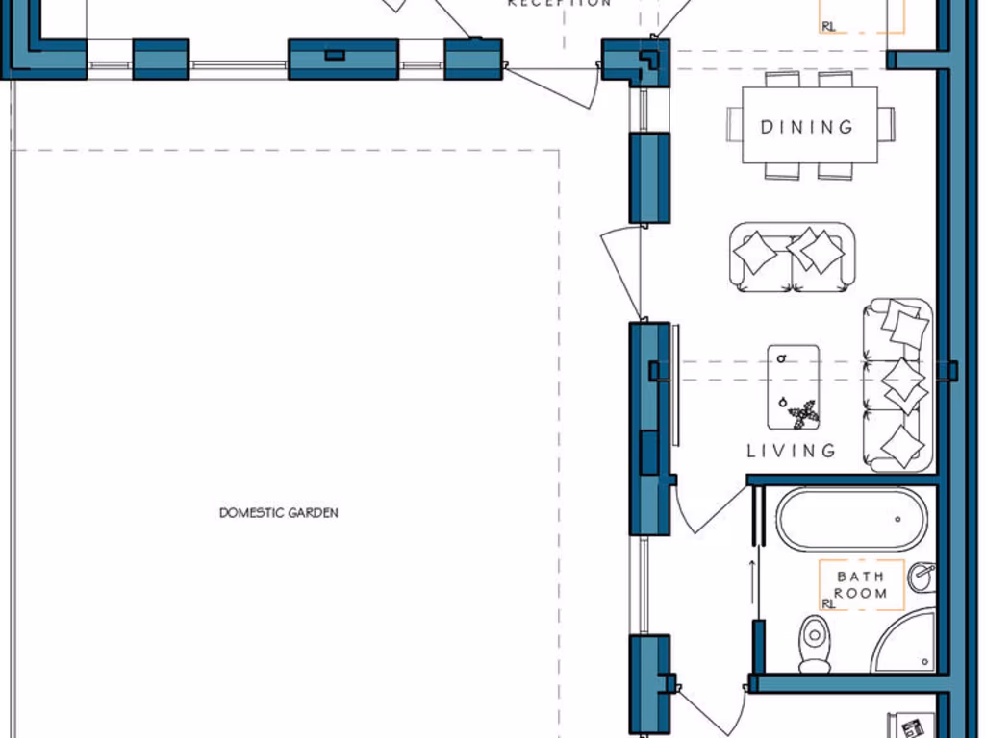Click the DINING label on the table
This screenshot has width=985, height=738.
tap(807, 127)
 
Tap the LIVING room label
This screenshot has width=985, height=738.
tap(792, 450)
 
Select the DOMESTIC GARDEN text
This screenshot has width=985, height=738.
tap(279, 513)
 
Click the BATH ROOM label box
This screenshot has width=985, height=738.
tap(861, 584)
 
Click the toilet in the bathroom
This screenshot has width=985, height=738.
tap(815, 643)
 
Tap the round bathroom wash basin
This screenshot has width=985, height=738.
tap(922, 577)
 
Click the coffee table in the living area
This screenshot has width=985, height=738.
tap(794, 386)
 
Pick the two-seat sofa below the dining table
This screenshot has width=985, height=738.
tap(791, 257)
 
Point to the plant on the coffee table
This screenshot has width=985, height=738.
tap(801, 414)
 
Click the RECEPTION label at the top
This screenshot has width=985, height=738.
tap(559, 3)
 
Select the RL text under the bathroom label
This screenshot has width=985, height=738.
tap(828, 603)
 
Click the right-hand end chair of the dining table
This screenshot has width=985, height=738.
tap(887, 124)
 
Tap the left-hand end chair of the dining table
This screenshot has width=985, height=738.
tap(735, 124)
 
